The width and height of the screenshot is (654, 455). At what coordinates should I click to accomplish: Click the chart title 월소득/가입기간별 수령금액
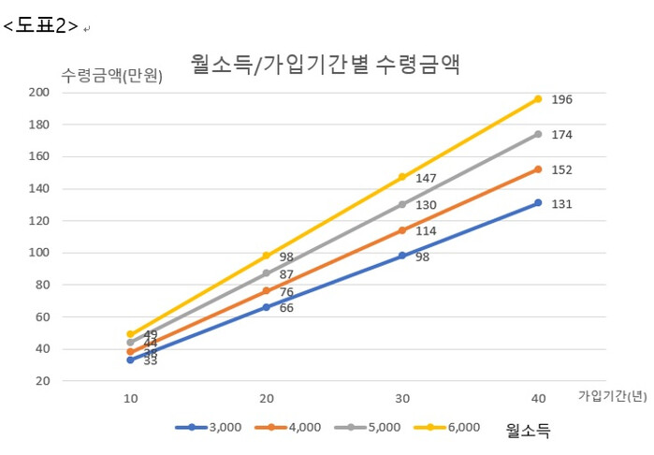click(x=327, y=64)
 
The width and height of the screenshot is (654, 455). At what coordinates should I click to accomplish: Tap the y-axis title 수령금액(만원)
click(x=111, y=76)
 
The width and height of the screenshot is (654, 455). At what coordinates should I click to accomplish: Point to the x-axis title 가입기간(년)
click(x=612, y=396)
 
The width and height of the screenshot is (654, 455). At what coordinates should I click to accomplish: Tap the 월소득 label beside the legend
click(x=529, y=430)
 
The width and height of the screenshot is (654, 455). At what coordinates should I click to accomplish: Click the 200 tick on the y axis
click(x=39, y=93)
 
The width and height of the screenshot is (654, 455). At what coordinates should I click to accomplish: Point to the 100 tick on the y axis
click(x=39, y=253)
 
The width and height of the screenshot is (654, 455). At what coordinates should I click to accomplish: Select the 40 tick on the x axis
click(x=538, y=399)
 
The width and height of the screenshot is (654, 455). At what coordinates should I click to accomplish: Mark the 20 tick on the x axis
click(x=266, y=399)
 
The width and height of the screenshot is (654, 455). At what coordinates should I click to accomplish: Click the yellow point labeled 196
click(x=538, y=98)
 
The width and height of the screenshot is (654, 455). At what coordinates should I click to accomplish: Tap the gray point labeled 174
click(x=538, y=134)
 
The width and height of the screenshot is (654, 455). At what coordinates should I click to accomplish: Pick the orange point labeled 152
click(x=538, y=169)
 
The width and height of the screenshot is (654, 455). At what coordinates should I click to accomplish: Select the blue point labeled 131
click(x=538, y=202)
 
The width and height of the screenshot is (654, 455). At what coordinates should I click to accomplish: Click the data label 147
click(x=426, y=178)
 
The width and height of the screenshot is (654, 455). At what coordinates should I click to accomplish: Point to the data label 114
click(x=426, y=230)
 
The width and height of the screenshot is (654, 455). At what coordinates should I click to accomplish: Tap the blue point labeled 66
click(x=266, y=307)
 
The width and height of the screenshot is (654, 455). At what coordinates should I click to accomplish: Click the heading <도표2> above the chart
click(x=40, y=26)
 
